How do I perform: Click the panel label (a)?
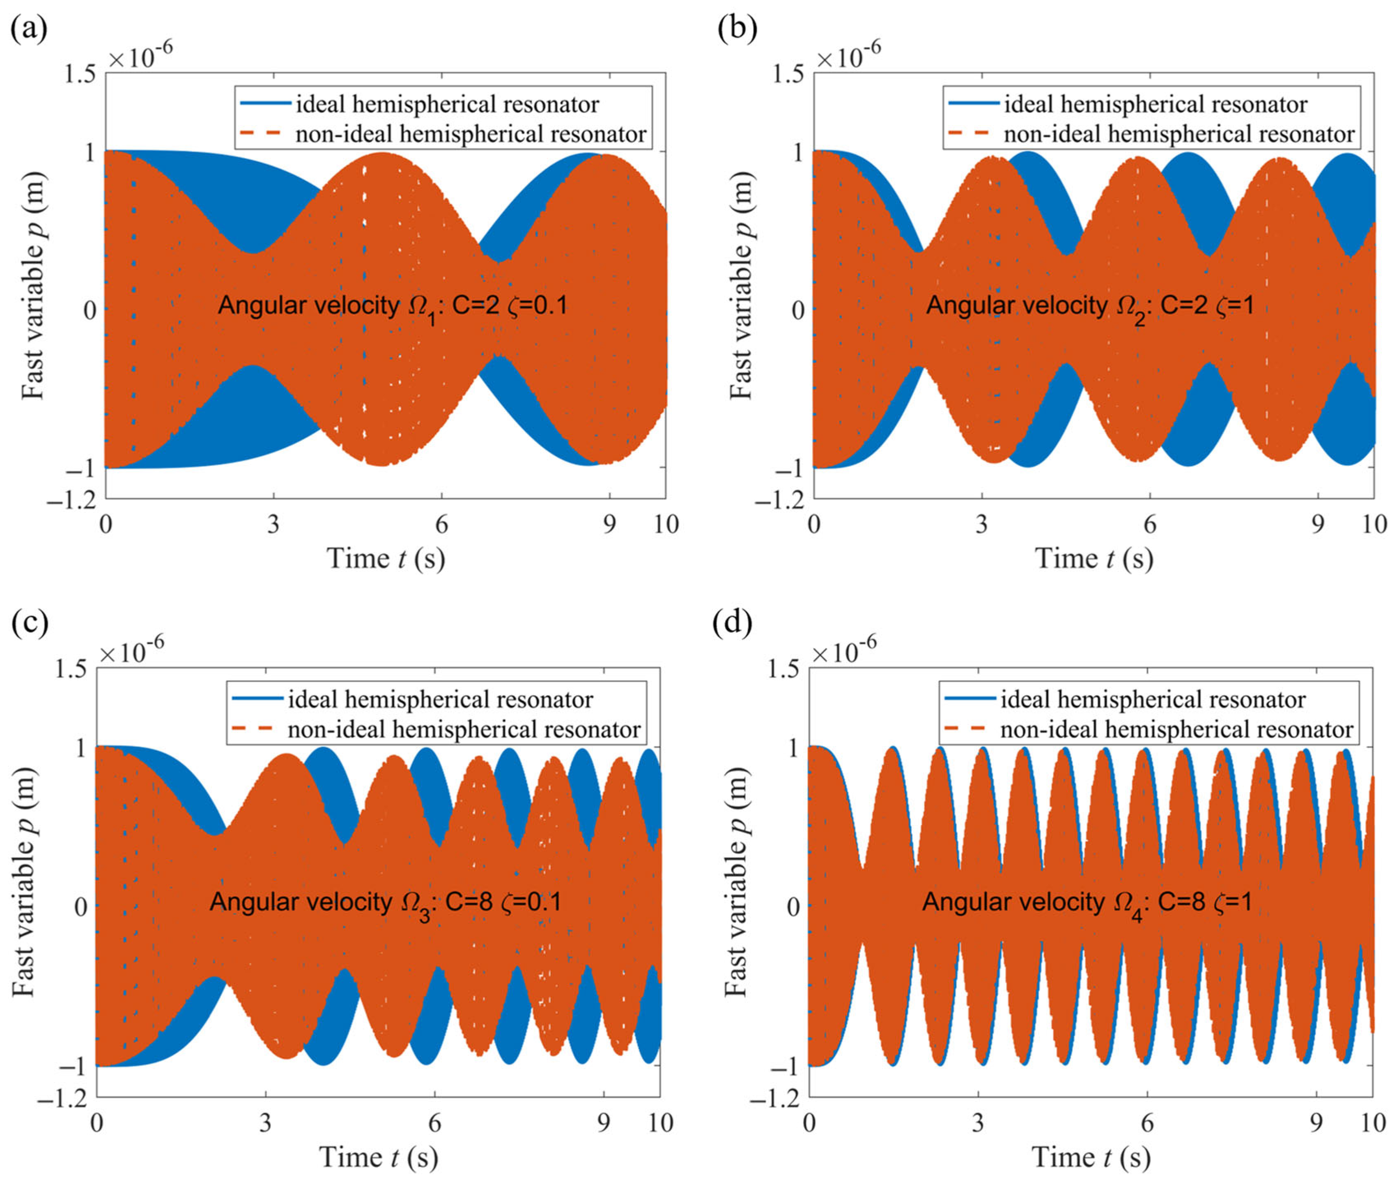[29, 30]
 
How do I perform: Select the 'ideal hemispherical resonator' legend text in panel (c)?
[440, 700]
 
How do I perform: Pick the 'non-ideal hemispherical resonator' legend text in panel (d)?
[1176, 730]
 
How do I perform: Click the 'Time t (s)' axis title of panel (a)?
[386, 558]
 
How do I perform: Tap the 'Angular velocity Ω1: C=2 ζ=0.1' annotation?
[393, 307]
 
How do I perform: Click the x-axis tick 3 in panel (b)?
[982, 524]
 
